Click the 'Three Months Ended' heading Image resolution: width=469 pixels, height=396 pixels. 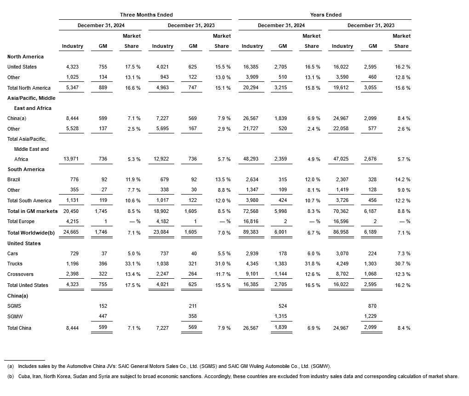pos(146,15)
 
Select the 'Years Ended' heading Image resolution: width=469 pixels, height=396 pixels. pos(326,15)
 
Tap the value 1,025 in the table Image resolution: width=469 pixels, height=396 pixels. pos(73,77)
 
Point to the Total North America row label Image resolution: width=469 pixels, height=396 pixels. pos(29,88)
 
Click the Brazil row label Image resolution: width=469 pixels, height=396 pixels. pos(13,179)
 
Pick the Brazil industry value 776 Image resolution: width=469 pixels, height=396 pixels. pos(73,179)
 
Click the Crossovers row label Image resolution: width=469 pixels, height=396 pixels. pos(20,274)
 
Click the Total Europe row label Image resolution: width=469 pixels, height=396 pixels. pos(21,222)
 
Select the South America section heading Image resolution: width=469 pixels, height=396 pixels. pos(26,169)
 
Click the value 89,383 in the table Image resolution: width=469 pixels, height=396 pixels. pos(252,233)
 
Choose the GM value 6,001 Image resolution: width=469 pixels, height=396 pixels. pos(282,233)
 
